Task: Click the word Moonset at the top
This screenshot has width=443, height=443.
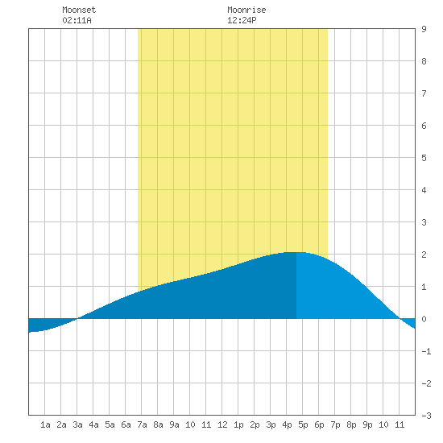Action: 79,10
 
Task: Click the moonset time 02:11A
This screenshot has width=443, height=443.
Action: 77,20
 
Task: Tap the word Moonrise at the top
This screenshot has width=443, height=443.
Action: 246,10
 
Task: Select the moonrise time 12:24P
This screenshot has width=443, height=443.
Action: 242,20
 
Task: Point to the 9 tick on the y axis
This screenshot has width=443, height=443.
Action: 424,29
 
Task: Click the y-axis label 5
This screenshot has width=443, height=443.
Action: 424,158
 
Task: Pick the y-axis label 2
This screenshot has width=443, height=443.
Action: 424,255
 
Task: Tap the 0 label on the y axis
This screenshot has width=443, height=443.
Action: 424,319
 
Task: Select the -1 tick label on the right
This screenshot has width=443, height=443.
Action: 426,351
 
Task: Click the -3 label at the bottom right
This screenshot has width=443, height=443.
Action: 426,416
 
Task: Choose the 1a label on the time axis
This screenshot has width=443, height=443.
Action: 45,424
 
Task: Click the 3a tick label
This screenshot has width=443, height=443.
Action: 77,424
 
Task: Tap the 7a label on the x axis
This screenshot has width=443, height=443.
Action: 142,424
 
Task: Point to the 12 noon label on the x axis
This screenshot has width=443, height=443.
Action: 222,424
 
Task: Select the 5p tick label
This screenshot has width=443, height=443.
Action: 303,424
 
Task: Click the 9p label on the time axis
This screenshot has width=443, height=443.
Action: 367,424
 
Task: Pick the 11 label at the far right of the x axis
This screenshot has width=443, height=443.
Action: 400,424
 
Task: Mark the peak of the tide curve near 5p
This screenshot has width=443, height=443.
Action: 296,252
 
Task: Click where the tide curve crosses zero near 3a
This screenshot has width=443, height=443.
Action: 77,318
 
